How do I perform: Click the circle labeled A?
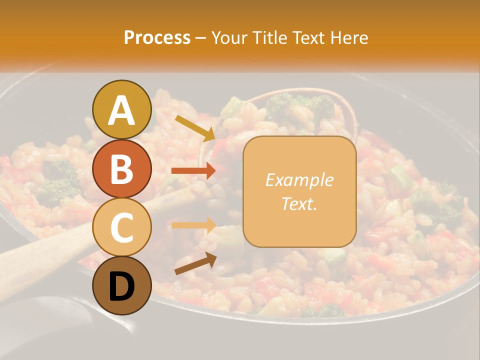(x=121, y=109)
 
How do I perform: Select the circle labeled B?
(x=121, y=168)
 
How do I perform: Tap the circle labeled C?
(x=121, y=227)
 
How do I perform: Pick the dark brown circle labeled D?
(x=121, y=286)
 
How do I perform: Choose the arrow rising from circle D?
(x=195, y=263)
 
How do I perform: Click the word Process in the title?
(x=157, y=37)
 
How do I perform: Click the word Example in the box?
(x=299, y=180)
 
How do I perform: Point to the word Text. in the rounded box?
(x=299, y=203)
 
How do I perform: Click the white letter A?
(x=121, y=110)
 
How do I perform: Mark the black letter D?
(x=121, y=286)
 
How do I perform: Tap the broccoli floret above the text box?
(x=300, y=105)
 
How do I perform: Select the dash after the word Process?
(x=200, y=38)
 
